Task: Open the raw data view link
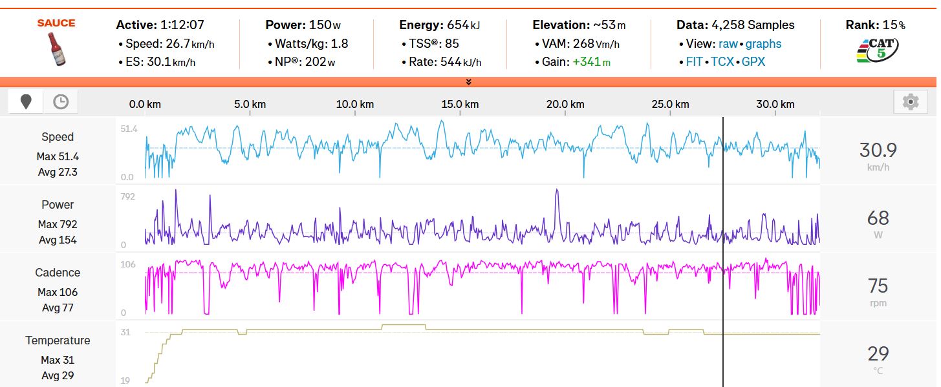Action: [x=728, y=44]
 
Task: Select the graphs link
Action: [x=763, y=44]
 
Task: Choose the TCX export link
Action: [x=722, y=62]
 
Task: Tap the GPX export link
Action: [x=753, y=62]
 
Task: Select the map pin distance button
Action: [x=26, y=101]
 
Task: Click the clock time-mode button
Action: [x=60, y=101]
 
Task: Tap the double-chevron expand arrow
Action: [x=468, y=82]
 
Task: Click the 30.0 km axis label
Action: [x=775, y=104]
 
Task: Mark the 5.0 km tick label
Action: [x=250, y=104]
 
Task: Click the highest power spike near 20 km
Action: [x=556, y=190]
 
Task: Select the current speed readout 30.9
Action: [x=878, y=151]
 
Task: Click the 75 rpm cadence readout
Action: [x=878, y=286]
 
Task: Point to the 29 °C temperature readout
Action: [x=878, y=353]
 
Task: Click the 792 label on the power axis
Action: [x=128, y=196]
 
